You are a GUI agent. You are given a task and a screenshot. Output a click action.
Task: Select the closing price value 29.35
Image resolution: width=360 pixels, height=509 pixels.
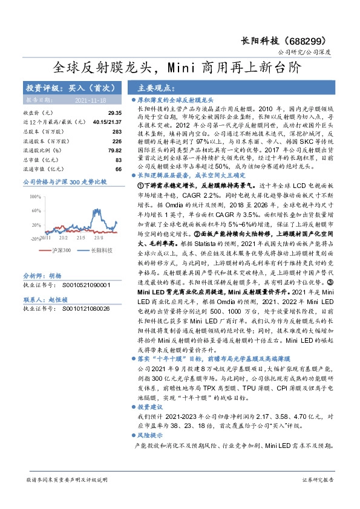tap(114, 112)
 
